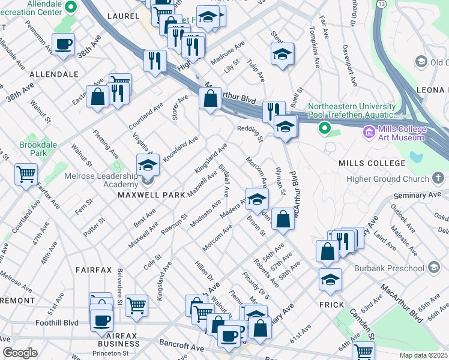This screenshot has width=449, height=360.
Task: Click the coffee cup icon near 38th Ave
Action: coord(63,44)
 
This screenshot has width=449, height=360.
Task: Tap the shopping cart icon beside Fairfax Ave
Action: coord(26,175)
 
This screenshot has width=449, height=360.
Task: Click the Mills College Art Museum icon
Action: coord(369,131)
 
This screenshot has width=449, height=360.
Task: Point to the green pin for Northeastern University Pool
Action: coord(325,128)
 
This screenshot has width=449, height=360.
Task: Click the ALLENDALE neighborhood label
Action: coord(55,75)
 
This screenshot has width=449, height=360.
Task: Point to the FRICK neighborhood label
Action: coord(332,305)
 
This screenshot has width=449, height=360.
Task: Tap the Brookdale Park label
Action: coord(33,149)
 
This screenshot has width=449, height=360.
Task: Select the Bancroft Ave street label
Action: coord(181,347)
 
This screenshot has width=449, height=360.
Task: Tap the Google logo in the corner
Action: coord(20,353)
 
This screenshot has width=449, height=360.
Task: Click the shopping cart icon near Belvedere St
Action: coord(137,305)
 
